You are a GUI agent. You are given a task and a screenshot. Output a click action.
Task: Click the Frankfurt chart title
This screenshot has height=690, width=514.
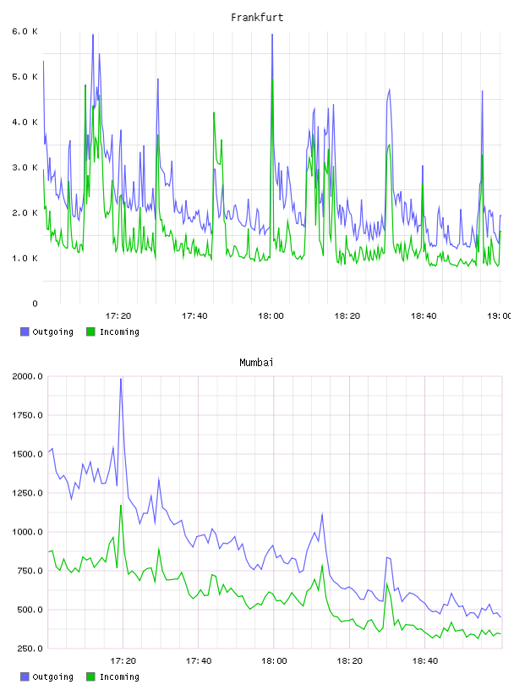tap(257, 18)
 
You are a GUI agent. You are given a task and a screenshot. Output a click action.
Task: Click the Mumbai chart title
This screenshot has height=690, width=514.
tap(256, 363)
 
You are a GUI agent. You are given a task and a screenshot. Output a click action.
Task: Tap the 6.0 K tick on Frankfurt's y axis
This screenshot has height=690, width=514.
tap(25, 31)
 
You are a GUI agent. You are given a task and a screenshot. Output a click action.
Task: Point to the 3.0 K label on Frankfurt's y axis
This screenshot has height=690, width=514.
tap(25, 167)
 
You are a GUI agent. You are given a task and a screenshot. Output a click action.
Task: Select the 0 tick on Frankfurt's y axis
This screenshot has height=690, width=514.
tap(35, 304)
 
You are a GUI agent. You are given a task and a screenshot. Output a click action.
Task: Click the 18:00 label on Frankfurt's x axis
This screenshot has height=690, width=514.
tap(271, 316)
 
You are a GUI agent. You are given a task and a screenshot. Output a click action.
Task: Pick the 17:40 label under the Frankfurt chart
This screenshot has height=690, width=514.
tap(194, 316)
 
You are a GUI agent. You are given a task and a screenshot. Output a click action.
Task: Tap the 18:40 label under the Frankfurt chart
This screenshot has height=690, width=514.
tap(424, 316)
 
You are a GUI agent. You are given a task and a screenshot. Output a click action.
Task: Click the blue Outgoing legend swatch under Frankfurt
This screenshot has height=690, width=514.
tap(25, 331)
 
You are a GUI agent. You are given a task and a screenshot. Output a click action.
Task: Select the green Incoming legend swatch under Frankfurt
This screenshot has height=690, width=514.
tap(90, 331)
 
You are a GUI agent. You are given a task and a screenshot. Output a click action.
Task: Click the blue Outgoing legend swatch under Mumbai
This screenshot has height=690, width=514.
tap(25, 676)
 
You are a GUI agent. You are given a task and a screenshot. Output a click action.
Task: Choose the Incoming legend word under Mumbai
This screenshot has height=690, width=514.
tap(119, 676)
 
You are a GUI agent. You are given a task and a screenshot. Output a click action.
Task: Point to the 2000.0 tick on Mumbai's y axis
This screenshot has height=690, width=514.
tap(27, 376)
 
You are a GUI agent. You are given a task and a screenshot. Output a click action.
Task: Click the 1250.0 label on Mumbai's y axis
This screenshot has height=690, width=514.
tap(27, 493)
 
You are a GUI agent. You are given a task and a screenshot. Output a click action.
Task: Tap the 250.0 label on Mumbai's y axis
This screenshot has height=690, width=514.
tap(27, 649)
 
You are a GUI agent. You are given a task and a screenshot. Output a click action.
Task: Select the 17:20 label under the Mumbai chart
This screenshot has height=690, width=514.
tap(123, 661)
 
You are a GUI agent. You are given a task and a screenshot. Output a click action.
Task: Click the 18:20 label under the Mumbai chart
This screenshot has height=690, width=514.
tap(349, 661)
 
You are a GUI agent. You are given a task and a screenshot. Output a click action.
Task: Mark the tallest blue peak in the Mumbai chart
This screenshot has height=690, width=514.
tap(121, 379)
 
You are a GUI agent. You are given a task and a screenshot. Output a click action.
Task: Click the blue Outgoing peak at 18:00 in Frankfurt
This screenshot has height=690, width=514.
tap(272, 35)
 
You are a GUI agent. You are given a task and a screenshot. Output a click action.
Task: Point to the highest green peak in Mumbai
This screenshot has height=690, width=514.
tap(121, 505)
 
